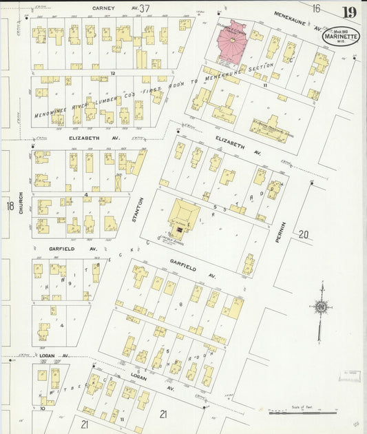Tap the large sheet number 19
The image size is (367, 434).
point(349,12)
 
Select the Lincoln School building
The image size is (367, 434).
point(183,220)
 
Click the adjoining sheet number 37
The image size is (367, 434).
point(144,8)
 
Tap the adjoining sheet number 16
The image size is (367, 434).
point(315,8)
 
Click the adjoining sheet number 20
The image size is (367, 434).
point(304,235)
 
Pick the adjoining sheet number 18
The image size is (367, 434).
point(10,206)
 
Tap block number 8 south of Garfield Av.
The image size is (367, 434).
point(180,304)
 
